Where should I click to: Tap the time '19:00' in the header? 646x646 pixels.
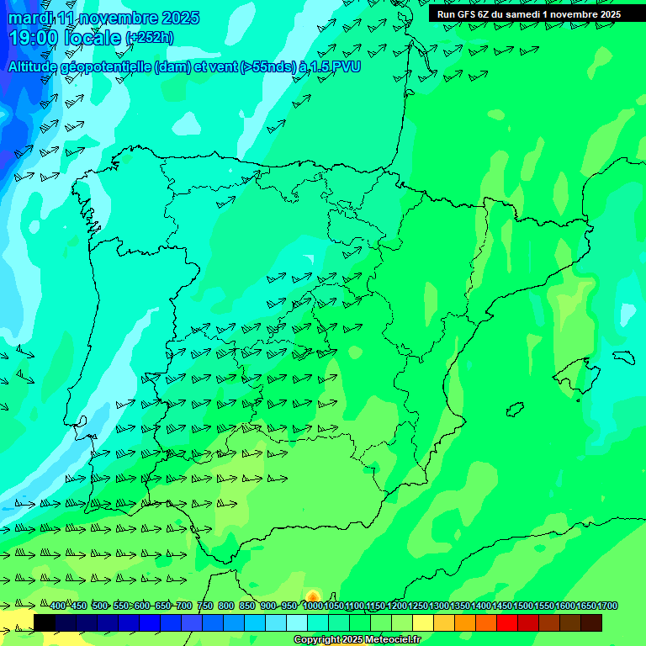click(x=33, y=38)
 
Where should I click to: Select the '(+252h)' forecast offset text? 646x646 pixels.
click(x=150, y=38)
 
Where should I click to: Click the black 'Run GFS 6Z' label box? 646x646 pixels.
click(x=529, y=14)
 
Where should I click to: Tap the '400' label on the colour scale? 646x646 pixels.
click(x=57, y=606)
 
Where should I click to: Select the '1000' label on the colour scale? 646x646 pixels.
click(x=312, y=606)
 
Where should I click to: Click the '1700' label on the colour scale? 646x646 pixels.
click(x=607, y=606)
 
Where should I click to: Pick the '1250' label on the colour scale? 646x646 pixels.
click(x=418, y=606)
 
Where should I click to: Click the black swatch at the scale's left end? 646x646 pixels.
click(x=45, y=622)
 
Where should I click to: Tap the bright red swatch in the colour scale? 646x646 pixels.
click(x=507, y=622)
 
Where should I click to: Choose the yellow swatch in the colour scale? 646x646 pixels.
click(x=423, y=622)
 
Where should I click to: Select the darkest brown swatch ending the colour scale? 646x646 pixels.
click(x=591, y=622)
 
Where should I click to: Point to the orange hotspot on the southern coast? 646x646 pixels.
click(x=313, y=596)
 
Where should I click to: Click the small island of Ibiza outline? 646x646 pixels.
click(x=516, y=409)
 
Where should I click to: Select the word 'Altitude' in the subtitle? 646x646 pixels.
click(x=35, y=66)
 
